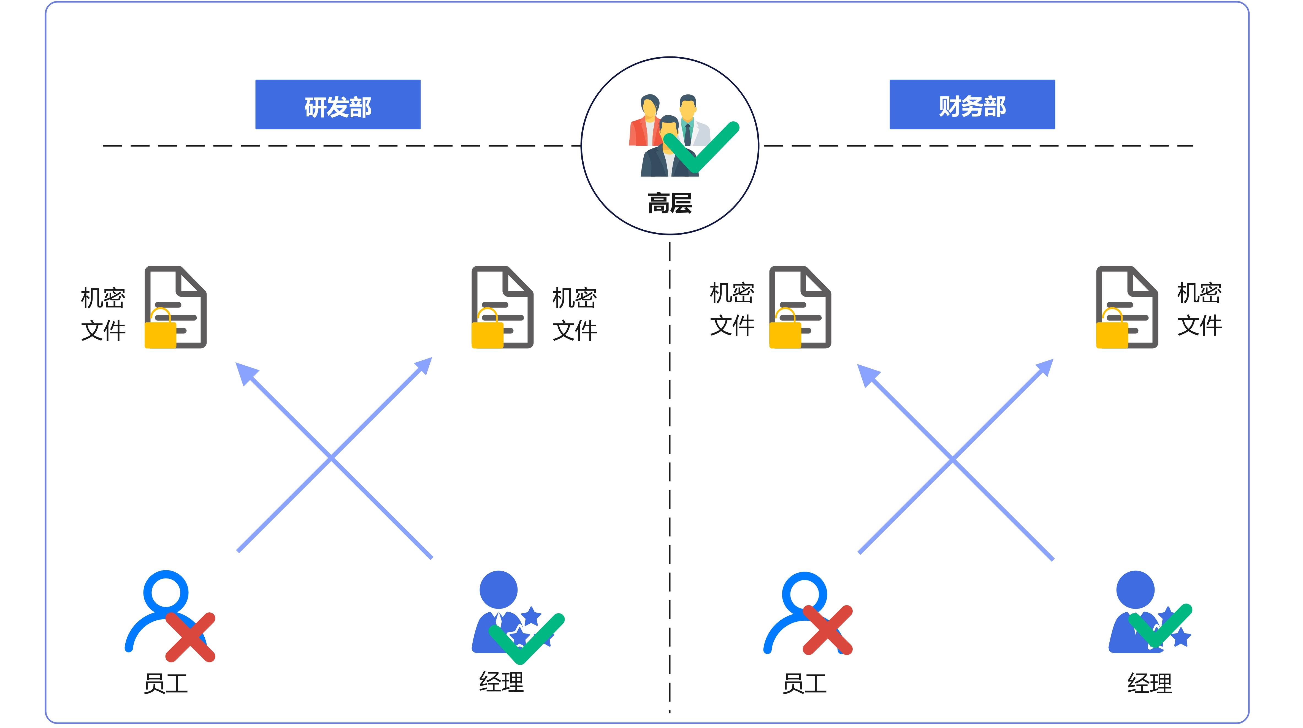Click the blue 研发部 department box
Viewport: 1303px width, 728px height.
point(338,105)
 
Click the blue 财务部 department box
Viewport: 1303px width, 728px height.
point(972,105)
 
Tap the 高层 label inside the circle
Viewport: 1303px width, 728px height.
point(670,203)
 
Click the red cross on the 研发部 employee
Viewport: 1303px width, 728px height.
point(191,637)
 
